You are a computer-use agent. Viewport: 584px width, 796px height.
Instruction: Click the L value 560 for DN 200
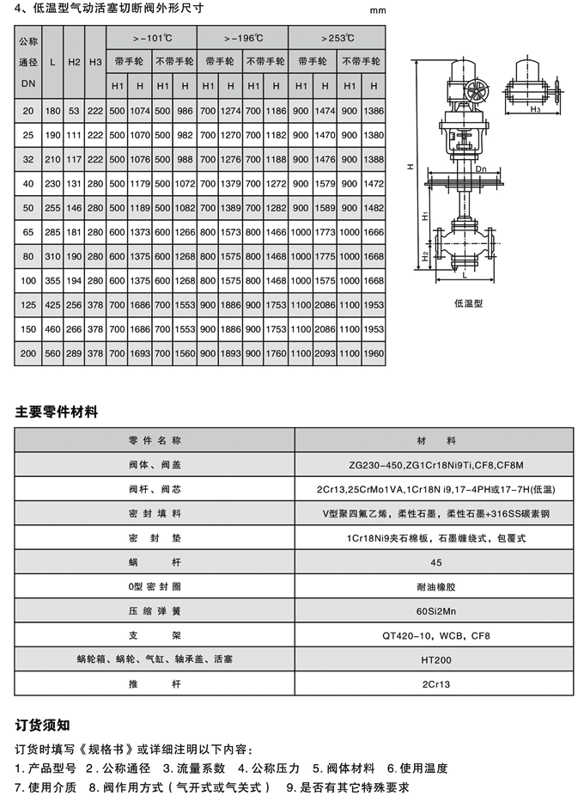[53, 352]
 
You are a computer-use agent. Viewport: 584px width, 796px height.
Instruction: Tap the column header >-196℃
[242, 39]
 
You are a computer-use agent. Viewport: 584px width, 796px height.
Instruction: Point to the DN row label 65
[28, 231]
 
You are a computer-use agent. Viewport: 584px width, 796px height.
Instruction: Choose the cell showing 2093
[326, 352]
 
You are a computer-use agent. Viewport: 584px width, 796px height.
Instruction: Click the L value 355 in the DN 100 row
[53, 279]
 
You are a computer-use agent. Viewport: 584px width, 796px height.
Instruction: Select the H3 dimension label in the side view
[533, 110]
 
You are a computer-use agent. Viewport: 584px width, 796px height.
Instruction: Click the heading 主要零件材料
[57, 412]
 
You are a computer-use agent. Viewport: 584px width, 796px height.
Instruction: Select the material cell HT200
[435, 659]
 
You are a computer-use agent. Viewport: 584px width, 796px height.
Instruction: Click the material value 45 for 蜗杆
[435, 561]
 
